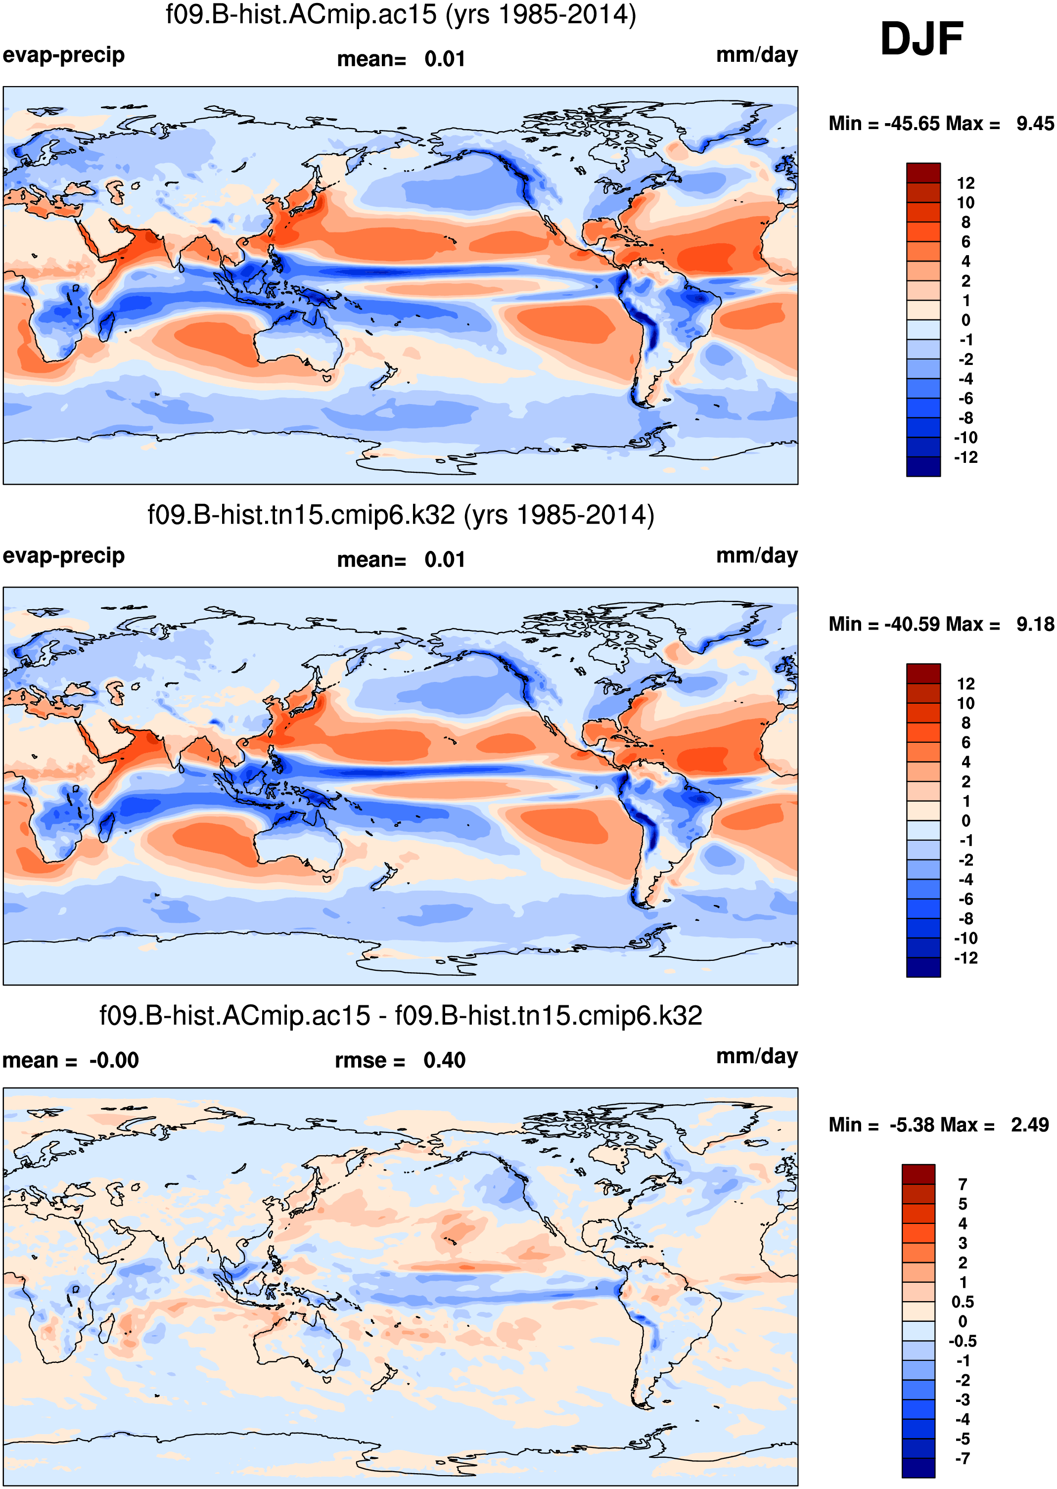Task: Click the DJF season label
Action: [921, 39]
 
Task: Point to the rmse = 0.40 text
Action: [400, 1060]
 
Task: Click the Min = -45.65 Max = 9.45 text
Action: [940, 123]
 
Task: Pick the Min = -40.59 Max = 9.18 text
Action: [940, 624]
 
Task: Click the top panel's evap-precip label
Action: [64, 55]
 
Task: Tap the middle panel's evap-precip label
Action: [64, 556]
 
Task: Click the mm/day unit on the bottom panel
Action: [757, 1056]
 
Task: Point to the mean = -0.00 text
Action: [70, 1060]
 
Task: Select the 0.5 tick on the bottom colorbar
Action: [962, 1302]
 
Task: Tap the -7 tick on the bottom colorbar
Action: [962, 1458]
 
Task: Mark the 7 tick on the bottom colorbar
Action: [962, 1184]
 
